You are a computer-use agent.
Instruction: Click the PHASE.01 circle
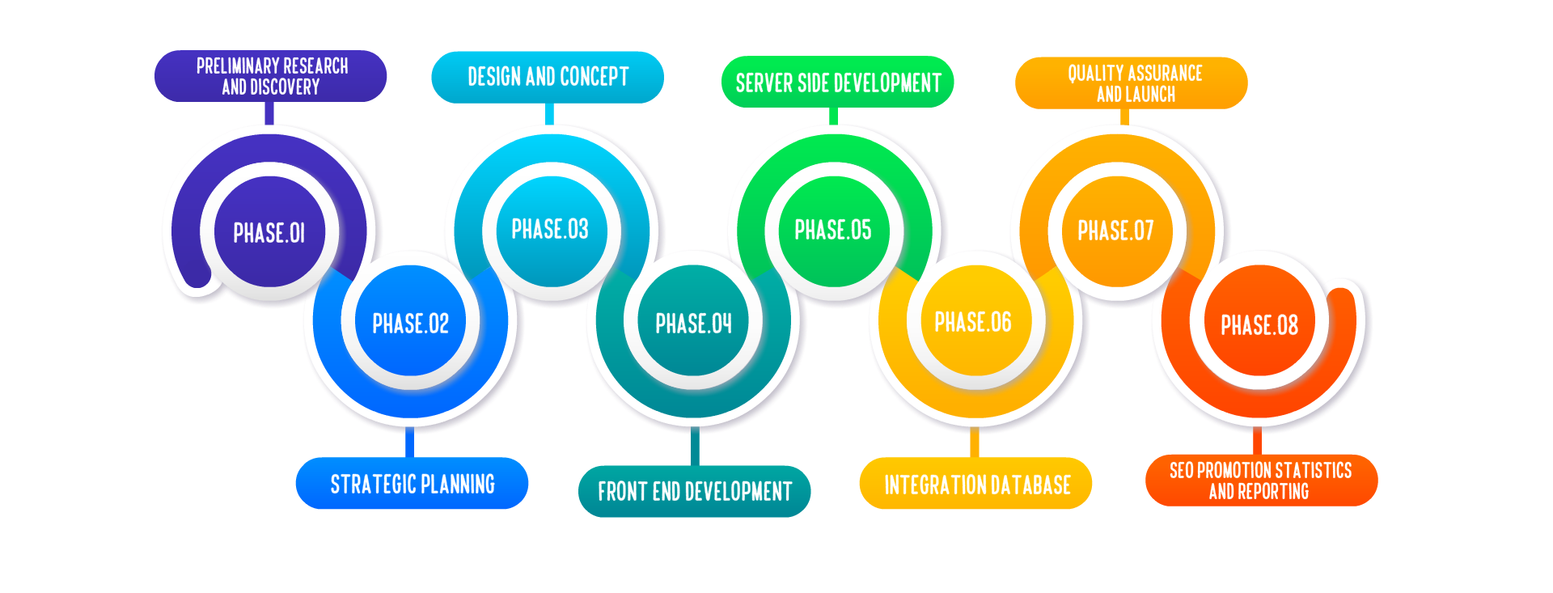tap(269, 233)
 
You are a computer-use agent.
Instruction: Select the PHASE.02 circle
tap(411, 323)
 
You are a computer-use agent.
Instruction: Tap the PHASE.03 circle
tap(550, 230)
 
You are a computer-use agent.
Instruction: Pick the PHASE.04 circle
tap(693, 323)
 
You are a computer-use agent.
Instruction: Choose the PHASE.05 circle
tap(833, 231)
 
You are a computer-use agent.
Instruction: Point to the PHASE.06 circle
tap(974, 322)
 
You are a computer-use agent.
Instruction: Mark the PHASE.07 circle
tap(1115, 231)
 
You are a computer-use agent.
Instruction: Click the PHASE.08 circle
tap(1259, 325)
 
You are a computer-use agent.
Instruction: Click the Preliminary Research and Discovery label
tap(271, 76)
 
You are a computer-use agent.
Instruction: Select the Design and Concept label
tap(548, 77)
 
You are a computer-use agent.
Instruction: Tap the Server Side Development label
tap(838, 82)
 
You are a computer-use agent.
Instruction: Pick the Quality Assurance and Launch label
tap(1132, 83)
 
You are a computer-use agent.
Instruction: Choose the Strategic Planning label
tap(412, 483)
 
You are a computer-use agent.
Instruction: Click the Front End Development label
tap(695, 491)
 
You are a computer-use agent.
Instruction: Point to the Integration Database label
tap(976, 484)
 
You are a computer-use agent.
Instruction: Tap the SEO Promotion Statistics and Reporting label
tap(1261, 481)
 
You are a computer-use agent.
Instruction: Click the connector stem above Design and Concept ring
tap(549, 113)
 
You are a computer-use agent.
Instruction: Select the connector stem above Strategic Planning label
tap(409, 443)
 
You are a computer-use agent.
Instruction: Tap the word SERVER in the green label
tap(764, 83)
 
